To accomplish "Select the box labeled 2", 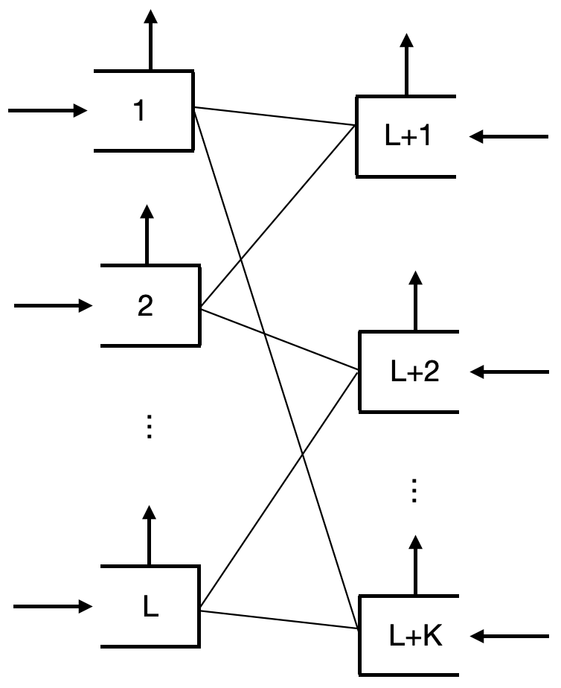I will [149, 305].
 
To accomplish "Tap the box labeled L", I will [150, 607].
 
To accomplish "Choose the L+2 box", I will [409, 372].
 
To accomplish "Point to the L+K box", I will [409, 636].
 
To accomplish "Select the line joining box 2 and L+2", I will [279, 338].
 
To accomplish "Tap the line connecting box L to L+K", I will [279, 621].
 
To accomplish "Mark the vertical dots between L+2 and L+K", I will [415, 491].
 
